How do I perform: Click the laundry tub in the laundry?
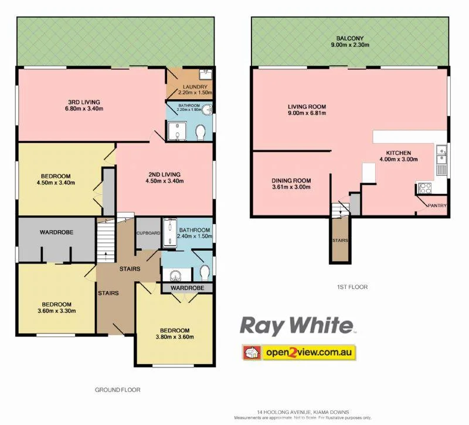click(205, 75)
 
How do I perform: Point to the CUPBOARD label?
click(147, 233)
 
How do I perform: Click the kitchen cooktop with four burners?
click(424, 188)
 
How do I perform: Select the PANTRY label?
click(437, 205)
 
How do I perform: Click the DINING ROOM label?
click(291, 180)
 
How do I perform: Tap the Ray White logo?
click(297, 326)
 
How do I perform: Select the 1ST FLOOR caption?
click(352, 287)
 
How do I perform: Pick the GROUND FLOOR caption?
click(117, 389)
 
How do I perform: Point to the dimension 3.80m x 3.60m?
click(174, 337)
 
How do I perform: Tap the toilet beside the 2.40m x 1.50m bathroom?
click(203, 272)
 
